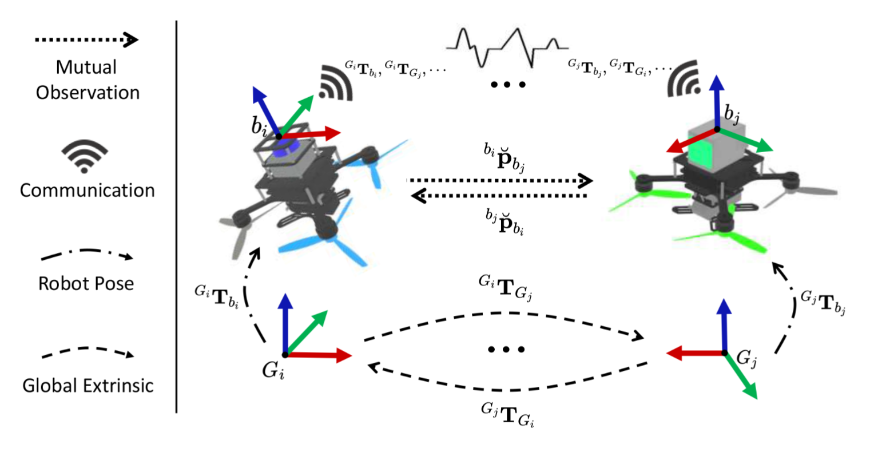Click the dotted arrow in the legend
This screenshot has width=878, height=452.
86,40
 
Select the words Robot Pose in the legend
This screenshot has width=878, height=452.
86,283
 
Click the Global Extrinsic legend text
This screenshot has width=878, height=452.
88,386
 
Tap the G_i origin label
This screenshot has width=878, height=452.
273,371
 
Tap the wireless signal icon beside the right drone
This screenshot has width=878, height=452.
684,80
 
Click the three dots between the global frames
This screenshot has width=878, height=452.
507,349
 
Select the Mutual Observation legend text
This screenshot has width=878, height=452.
87,80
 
